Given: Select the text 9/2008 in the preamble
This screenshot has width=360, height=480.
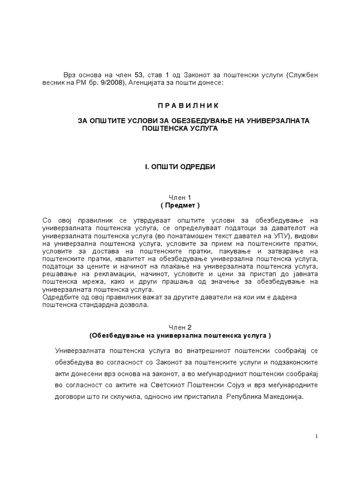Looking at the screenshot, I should coord(92,83).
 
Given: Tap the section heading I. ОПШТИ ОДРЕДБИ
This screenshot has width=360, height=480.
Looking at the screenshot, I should coord(180,167).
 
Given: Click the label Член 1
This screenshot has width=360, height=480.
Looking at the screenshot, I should coord(180,197).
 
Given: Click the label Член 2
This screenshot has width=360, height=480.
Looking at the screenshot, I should coord(180,327).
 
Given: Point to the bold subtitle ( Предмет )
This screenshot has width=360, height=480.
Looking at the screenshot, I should coord(180,205).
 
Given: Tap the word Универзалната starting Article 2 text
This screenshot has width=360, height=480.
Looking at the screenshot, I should coord(79,351).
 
